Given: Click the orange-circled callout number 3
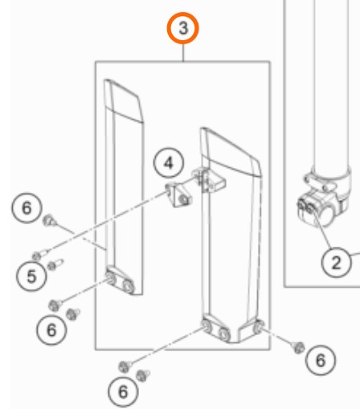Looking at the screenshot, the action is pos(183,28).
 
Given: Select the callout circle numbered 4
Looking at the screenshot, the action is pos(169,162).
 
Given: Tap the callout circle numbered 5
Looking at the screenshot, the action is pos(31,276).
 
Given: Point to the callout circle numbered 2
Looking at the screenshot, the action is pos(336,262).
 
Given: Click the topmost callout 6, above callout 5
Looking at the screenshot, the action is pos(27,208).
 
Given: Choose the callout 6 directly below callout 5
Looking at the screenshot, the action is pos(51,329).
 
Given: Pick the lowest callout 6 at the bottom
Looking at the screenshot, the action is pos(123,391).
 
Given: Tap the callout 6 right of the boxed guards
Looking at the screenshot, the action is pos(321,360).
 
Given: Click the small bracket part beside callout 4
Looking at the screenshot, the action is pos(178,194).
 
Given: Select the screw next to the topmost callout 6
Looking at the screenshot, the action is pos(49,220).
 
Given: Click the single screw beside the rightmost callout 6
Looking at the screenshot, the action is pos(298,347).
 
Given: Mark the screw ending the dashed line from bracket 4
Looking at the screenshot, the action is pos(39,255).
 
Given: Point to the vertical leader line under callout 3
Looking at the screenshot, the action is pos(183,52).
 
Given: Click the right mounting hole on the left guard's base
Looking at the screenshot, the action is pos(128,286).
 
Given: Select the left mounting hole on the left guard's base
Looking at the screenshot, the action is pos(110,277).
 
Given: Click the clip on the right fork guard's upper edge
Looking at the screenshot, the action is pos(208,179).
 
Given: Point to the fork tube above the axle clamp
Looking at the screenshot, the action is pos(332,86).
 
